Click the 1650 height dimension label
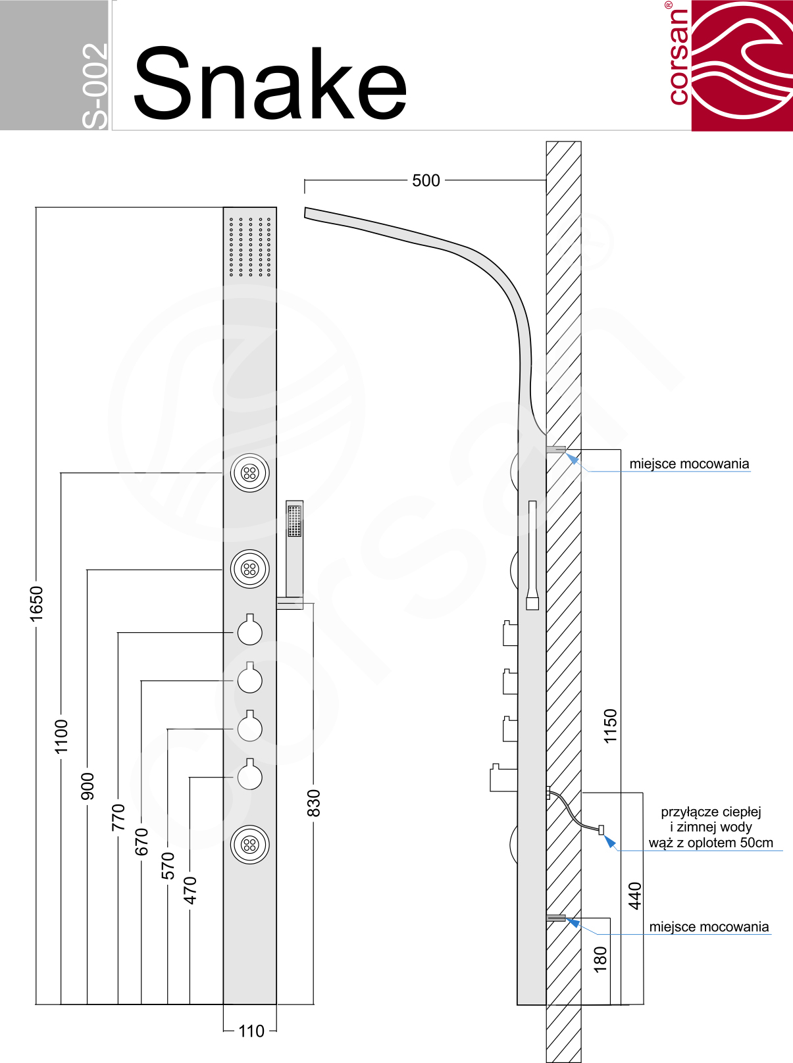[x=36, y=603]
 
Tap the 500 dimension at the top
[x=426, y=181]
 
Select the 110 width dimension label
[x=251, y=1031]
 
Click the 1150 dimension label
[x=610, y=726]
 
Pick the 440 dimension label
[x=634, y=896]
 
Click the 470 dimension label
[x=190, y=890]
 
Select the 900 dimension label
[x=87, y=787]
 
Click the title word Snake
[x=270, y=84]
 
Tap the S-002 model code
[x=95, y=86]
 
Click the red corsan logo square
[x=742, y=65]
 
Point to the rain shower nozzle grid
[x=250, y=247]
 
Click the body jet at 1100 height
[x=250, y=473]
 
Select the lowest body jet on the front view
[x=250, y=845]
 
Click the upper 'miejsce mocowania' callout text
[x=689, y=464]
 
